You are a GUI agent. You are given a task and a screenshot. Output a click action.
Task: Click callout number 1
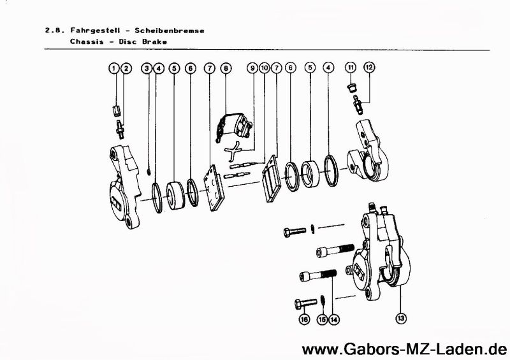tap(114, 68)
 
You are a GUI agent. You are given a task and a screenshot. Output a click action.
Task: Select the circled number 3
tap(147, 68)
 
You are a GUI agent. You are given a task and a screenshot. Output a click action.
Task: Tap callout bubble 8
tap(226, 68)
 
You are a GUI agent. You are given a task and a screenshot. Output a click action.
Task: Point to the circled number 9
tap(252, 68)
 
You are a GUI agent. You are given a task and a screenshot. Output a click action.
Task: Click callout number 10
tap(265, 68)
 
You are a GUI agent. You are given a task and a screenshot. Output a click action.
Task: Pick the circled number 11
tap(351, 68)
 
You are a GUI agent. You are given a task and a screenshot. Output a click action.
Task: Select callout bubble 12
tap(369, 68)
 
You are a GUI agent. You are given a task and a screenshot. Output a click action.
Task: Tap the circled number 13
tap(401, 318)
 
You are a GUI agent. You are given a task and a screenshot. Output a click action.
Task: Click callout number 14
tap(333, 319)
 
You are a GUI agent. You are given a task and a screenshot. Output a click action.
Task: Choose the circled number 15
tap(323, 319)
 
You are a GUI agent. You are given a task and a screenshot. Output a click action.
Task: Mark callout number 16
tap(305, 319)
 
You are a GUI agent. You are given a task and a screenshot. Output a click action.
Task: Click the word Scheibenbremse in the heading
tap(170, 31)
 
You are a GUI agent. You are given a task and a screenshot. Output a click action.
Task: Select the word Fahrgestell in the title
tap(95, 31)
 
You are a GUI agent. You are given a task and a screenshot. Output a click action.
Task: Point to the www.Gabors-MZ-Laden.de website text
tap(404, 349)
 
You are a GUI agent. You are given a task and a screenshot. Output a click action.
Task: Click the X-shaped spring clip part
tap(233, 151)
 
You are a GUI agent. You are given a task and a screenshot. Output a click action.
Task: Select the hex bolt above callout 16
tap(306, 303)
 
